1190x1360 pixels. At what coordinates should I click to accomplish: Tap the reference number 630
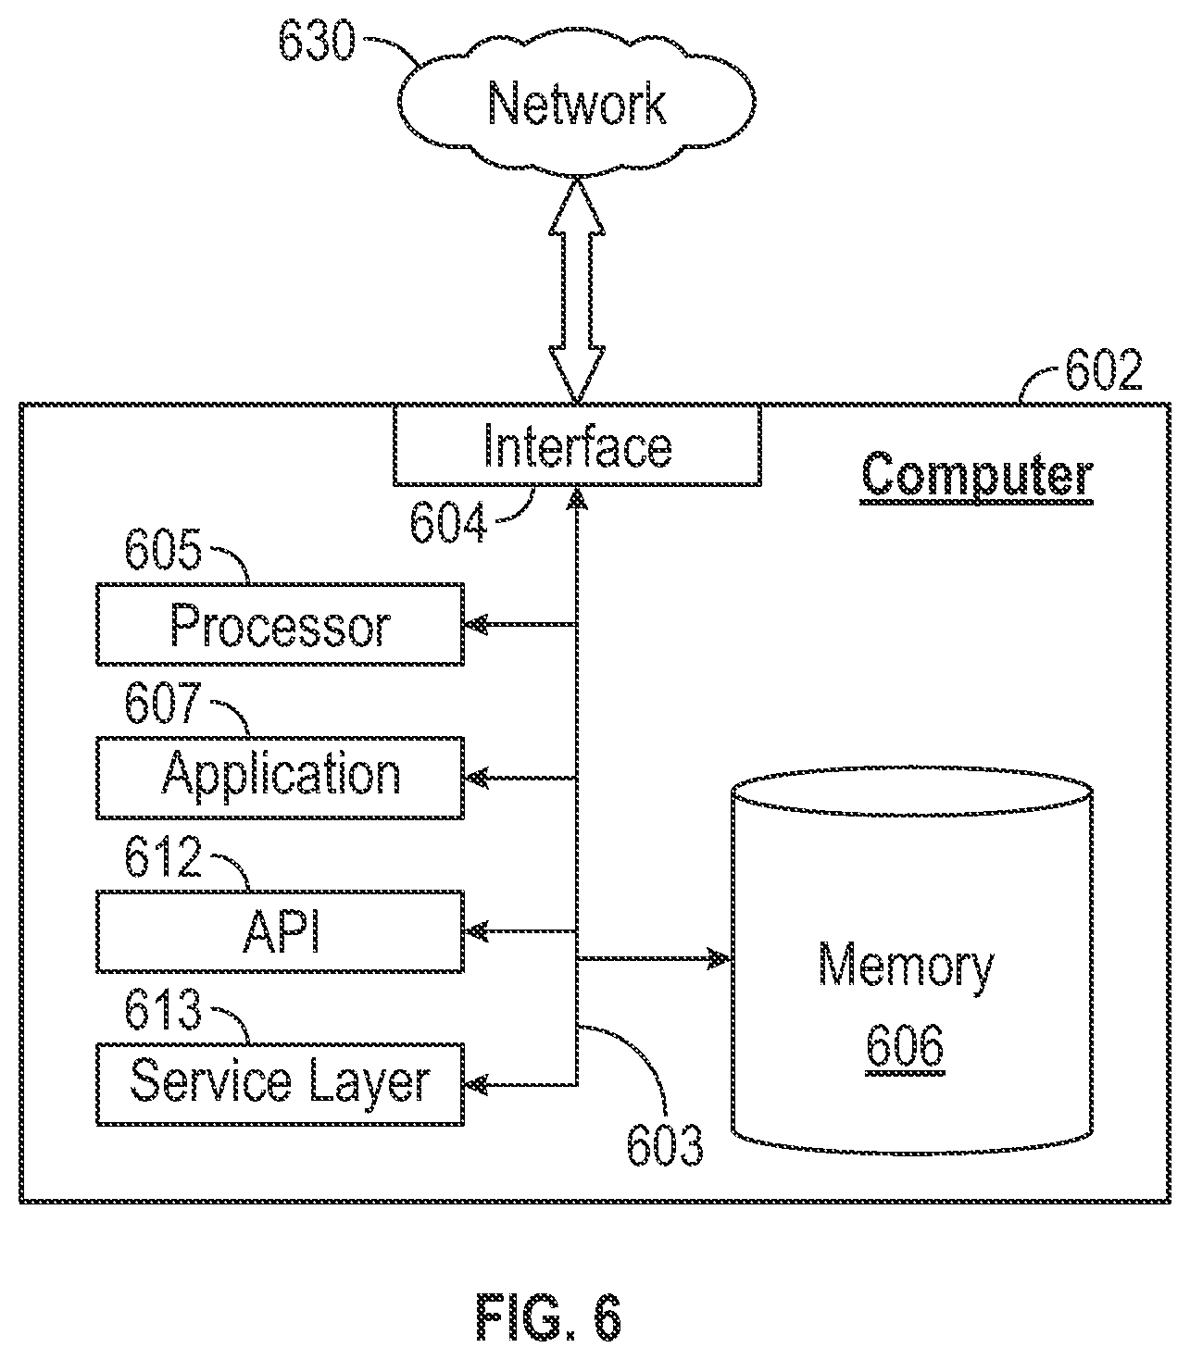[x=317, y=42]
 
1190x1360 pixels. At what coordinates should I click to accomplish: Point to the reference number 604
[x=447, y=522]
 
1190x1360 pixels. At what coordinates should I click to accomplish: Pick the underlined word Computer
[x=976, y=476]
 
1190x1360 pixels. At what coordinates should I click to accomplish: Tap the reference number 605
[x=163, y=549]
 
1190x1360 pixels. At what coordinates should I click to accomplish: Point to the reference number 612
[x=163, y=856]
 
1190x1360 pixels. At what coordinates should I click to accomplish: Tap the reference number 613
[x=163, y=1009]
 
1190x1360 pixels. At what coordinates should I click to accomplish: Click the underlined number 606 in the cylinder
[x=905, y=1046]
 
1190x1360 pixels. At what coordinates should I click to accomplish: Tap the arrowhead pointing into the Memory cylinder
[x=720, y=959]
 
